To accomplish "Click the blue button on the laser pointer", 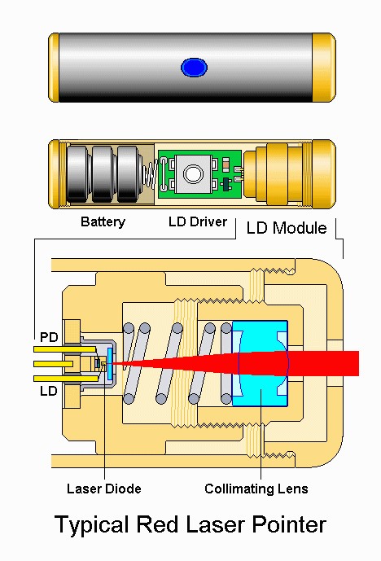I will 193,68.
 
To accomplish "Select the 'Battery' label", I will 103,221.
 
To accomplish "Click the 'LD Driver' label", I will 197,221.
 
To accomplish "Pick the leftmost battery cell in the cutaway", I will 79,173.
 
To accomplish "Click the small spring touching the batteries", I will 148,175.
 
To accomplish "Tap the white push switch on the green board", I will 193,173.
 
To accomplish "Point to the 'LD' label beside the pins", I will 48,392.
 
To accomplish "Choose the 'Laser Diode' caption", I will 103,489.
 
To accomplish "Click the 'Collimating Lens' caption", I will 256,489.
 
